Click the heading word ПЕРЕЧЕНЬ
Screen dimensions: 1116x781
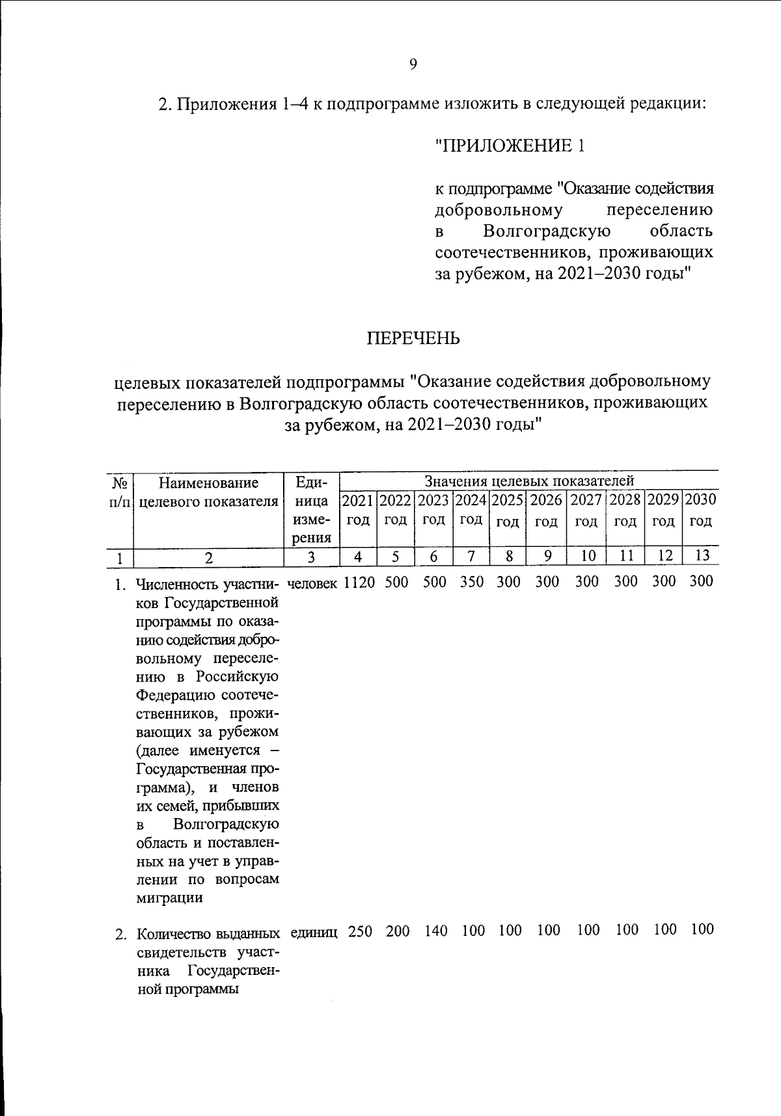[413, 339]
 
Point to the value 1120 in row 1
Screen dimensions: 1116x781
[359, 582]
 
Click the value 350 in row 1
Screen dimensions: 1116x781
[472, 582]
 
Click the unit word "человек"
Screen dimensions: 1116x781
[312, 583]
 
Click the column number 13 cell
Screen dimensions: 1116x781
[701, 556]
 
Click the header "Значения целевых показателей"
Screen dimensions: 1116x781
[528, 481]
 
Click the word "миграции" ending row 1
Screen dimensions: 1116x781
[169, 898]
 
